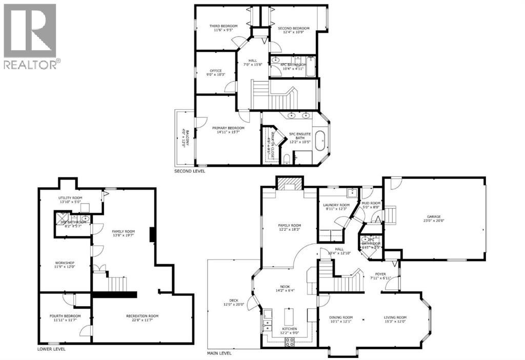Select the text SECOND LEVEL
click(x=190, y=171)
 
